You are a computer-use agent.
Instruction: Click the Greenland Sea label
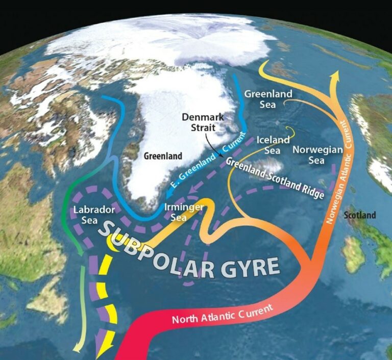pyautogui.click(x=261, y=99)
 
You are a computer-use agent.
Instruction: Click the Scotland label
pyautogui.click(x=360, y=215)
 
